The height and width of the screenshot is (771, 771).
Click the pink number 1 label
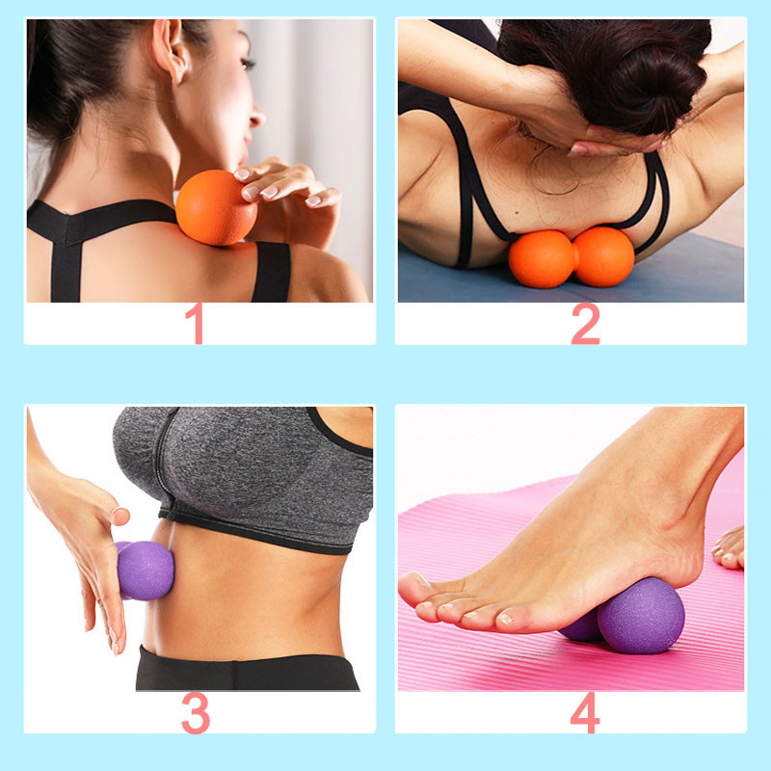pyautogui.click(x=197, y=324)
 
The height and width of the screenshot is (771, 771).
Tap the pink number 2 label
pyautogui.click(x=584, y=324)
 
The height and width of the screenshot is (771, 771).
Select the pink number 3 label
pyautogui.click(x=196, y=713)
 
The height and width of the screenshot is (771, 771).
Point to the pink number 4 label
pyautogui.click(x=584, y=713)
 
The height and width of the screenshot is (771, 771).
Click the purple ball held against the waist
pyautogui.click(x=145, y=570)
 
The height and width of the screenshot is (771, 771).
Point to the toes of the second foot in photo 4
pyautogui.click(x=730, y=549)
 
